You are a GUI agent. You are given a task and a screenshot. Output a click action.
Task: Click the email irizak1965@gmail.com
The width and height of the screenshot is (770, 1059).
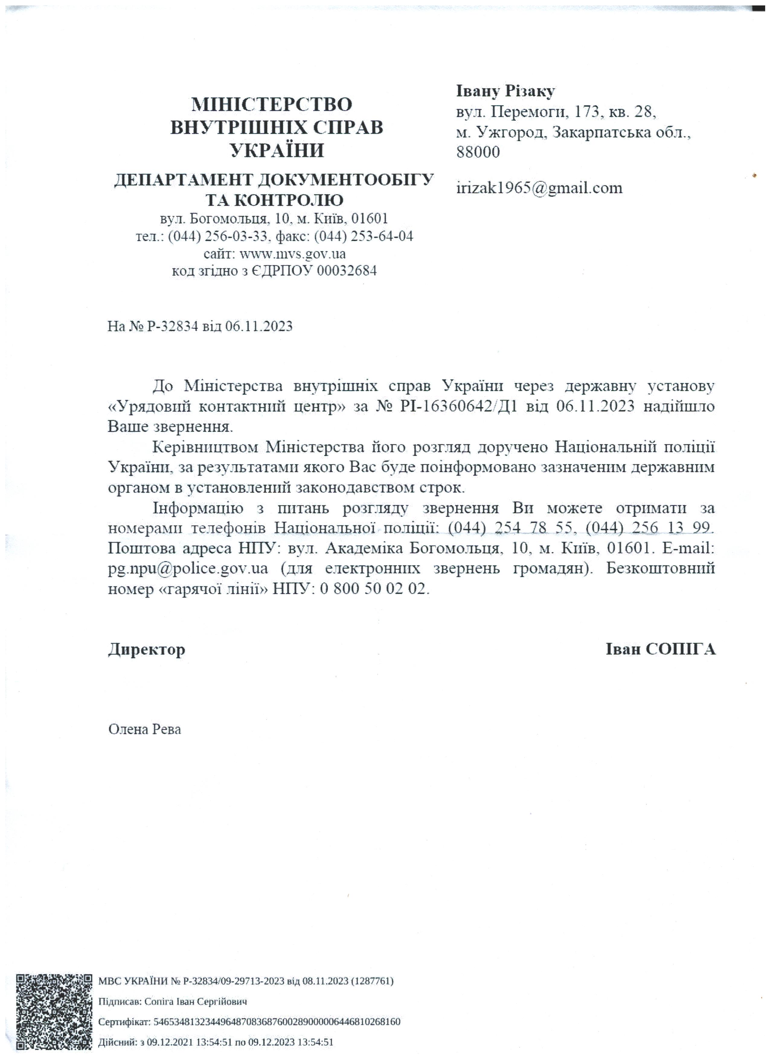tap(539, 188)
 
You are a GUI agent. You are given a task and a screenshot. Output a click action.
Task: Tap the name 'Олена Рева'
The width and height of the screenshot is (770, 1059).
tap(144, 729)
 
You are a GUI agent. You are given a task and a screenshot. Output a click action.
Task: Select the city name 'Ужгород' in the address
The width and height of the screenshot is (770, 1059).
tap(511, 133)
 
